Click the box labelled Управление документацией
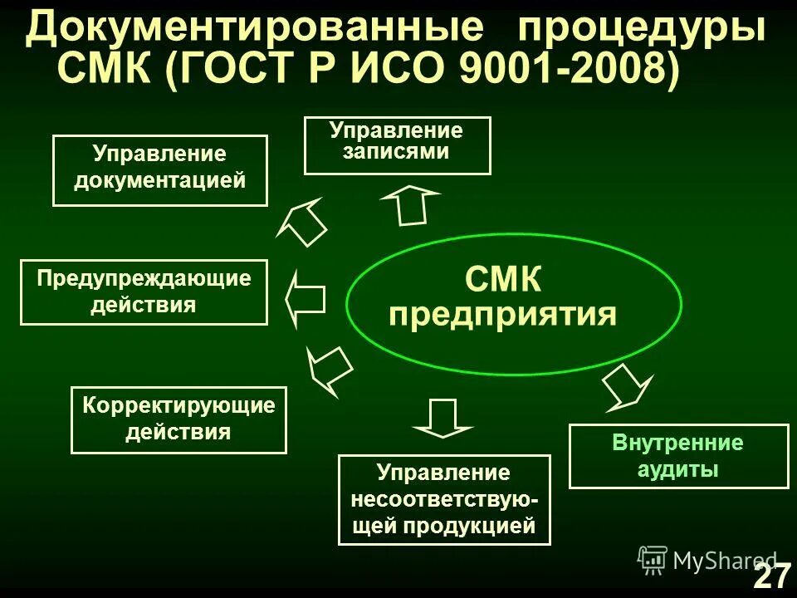coord(160,169)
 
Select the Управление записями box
coord(398,145)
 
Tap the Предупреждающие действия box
coord(144,292)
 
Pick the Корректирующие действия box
coord(178,419)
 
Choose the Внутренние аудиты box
coord(678,456)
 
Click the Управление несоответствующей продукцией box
coord(444,499)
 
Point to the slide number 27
coord(771,576)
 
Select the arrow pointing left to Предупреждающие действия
coord(305,300)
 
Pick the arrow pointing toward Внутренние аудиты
coord(628,387)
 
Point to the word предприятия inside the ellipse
coord(503,316)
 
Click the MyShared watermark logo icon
coord(653,559)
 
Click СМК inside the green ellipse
coord(503,281)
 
